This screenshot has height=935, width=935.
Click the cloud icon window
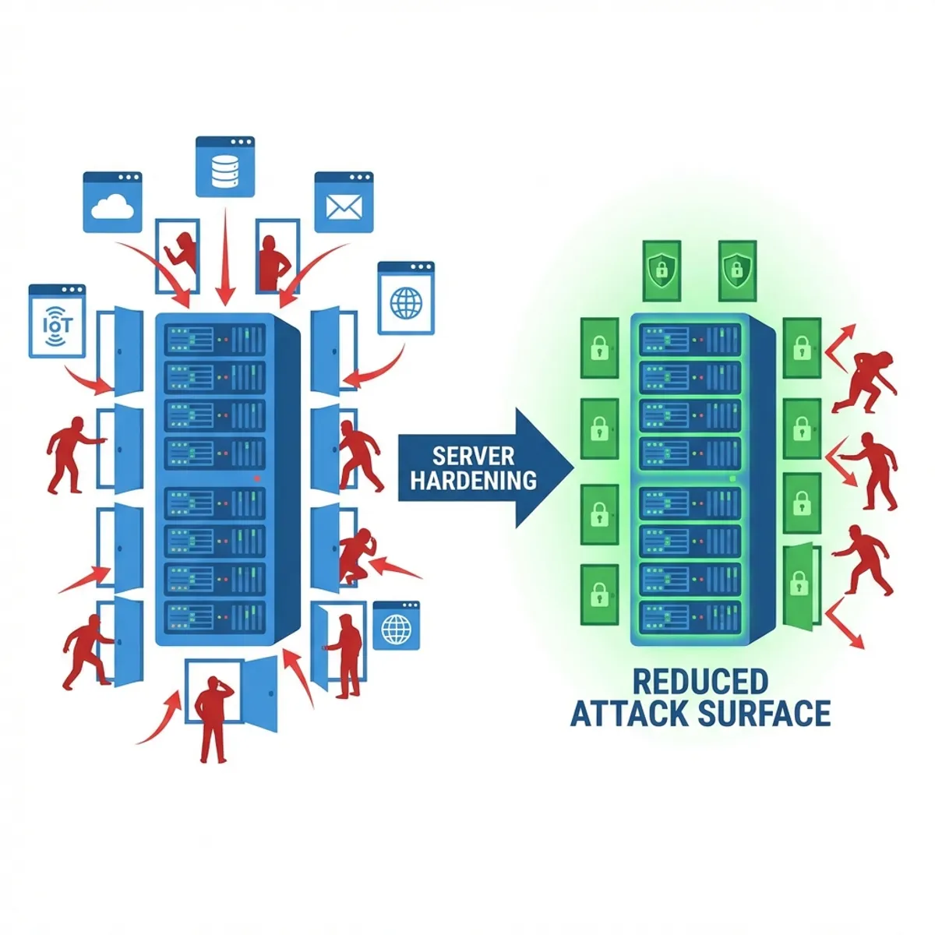[112, 201]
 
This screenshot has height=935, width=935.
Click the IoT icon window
[57, 321]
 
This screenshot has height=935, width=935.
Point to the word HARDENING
[474, 480]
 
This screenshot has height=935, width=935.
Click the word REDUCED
[700, 682]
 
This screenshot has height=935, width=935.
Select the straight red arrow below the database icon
[225, 257]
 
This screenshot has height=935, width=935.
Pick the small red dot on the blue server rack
[256, 477]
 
